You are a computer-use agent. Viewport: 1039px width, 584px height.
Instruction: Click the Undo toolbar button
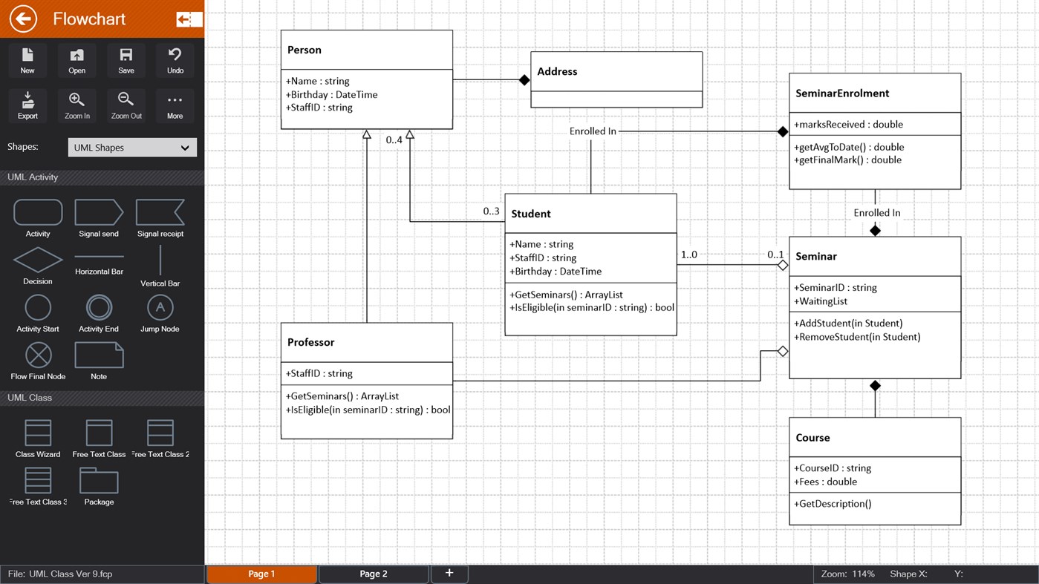click(x=175, y=59)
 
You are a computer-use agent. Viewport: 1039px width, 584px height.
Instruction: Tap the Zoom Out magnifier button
click(x=126, y=105)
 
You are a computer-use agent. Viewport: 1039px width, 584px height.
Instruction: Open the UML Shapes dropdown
click(x=132, y=148)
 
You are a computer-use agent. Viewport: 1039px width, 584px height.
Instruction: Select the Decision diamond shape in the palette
click(x=38, y=260)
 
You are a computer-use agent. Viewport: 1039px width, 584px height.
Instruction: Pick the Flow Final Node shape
click(x=38, y=355)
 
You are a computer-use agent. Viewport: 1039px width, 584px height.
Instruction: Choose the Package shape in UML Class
click(x=99, y=482)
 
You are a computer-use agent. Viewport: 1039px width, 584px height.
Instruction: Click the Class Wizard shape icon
click(x=38, y=433)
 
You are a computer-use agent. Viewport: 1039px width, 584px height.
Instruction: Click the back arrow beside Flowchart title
click(x=23, y=19)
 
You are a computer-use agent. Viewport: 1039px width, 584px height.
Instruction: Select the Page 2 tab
click(x=374, y=574)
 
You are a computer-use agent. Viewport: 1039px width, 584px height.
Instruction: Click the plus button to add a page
click(x=449, y=573)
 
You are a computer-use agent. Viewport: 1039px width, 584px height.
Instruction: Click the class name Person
click(x=304, y=50)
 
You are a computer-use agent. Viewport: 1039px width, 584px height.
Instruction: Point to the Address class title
click(x=557, y=71)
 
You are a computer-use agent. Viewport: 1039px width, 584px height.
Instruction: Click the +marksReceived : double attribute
click(x=848, y=124)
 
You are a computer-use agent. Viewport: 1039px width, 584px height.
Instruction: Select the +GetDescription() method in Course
click(x=833, y=504)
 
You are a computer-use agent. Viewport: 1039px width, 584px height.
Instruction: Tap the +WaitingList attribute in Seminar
click(x=821, y=301)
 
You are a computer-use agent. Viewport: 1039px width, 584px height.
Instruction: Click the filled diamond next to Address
click(x=524, y=80)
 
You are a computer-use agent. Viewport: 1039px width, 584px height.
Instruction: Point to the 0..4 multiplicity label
click(x=394, y=140)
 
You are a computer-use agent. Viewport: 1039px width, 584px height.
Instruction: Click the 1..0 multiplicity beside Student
click(x=689, y=255)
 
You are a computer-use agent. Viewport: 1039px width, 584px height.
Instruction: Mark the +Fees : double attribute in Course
click(x=826, y=482)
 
